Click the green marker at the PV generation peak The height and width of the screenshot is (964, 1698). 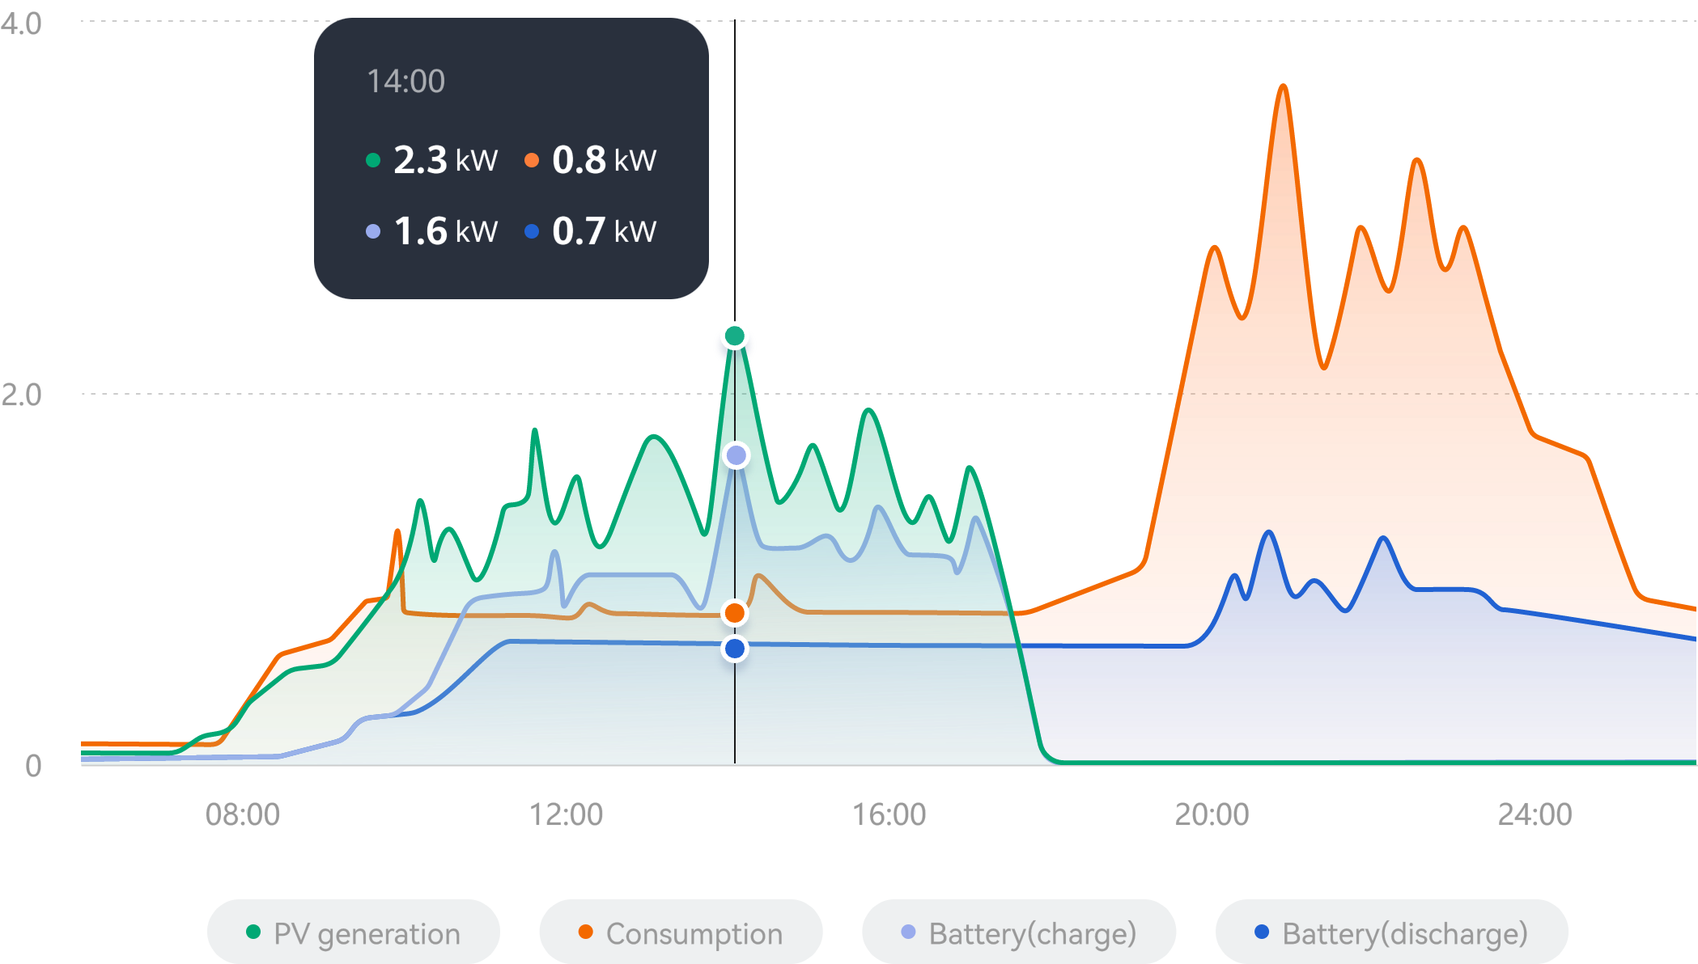pyautogui.click(x=735, y=336)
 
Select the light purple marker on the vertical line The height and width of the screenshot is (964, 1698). pyautogui.click(x=736, y=455)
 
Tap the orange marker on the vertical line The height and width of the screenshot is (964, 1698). pyautogui.click(x=735, y=613)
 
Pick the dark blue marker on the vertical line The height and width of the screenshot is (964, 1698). pyautogui.click(x=735, y=649)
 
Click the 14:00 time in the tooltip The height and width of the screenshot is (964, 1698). pyautogui.click(x=405, y=82)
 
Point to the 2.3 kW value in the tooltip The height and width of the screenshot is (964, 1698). pyautogui.click(x=444, y=160)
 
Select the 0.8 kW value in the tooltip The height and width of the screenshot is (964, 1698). pyautogui.click(x=603, y=160)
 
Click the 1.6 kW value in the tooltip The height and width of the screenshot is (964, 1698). pyautogui.click(x=444, y=231)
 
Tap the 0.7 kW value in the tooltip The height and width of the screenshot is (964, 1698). pyautogui.click(x=603, y=231)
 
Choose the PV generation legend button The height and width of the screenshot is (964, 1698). pyautogui.click(x=354, y=933)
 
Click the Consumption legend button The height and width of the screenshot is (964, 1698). pyautogui.click(x=681, y=933)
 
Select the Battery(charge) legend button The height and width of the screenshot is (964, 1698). pyautogui.click(x=1018, y=933)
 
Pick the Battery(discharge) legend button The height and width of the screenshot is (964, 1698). pyautogui.click(x=1391, y=933)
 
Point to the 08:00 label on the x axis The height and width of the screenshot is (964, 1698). pyautogui.click(x=243, y=814)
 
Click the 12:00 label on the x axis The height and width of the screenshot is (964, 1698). pyautogui.click(x=566, y=814)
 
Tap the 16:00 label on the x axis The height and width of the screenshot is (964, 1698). pyautogui.click(x=889, y=814)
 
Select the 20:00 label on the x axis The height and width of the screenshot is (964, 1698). pyautogui.click(x=1212, y=814)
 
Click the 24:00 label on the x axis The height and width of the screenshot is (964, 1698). pyautogui.click(x=1535, y=814)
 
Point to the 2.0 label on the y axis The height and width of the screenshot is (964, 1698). pyautogui.click(x=22, y=395)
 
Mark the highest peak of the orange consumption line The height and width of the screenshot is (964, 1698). pyautogui.click(x=1284, y=86)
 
